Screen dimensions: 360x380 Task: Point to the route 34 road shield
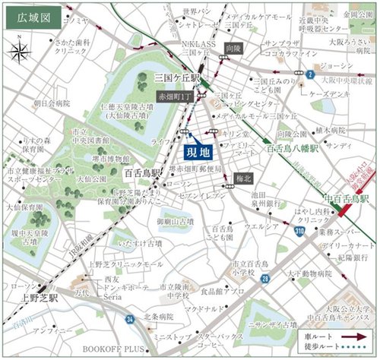130,320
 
